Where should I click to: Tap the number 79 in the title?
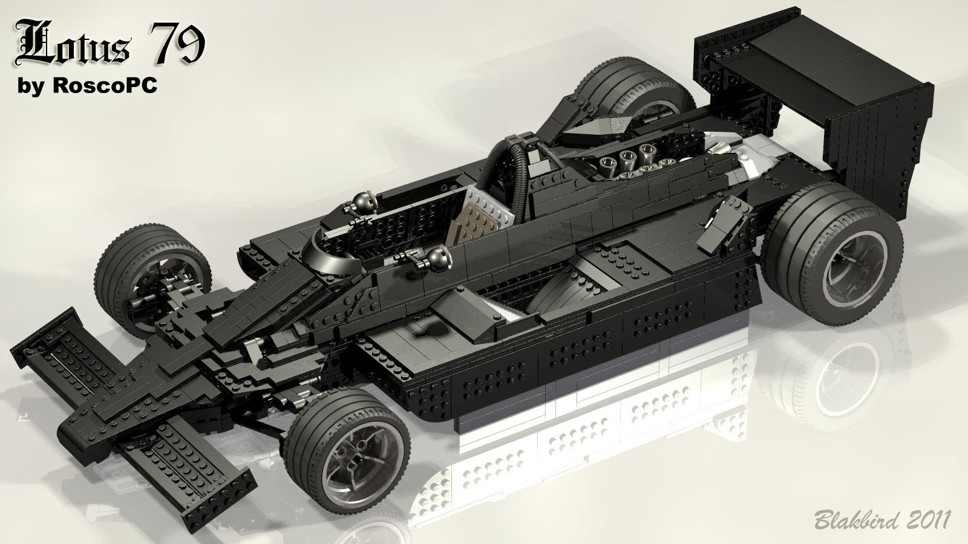pyautogui.click(x=177, y=42)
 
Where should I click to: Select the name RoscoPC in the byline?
pyautogui.click(x=105, y=85)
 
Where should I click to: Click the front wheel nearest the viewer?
pyautogui.click(x=347, y=450)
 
